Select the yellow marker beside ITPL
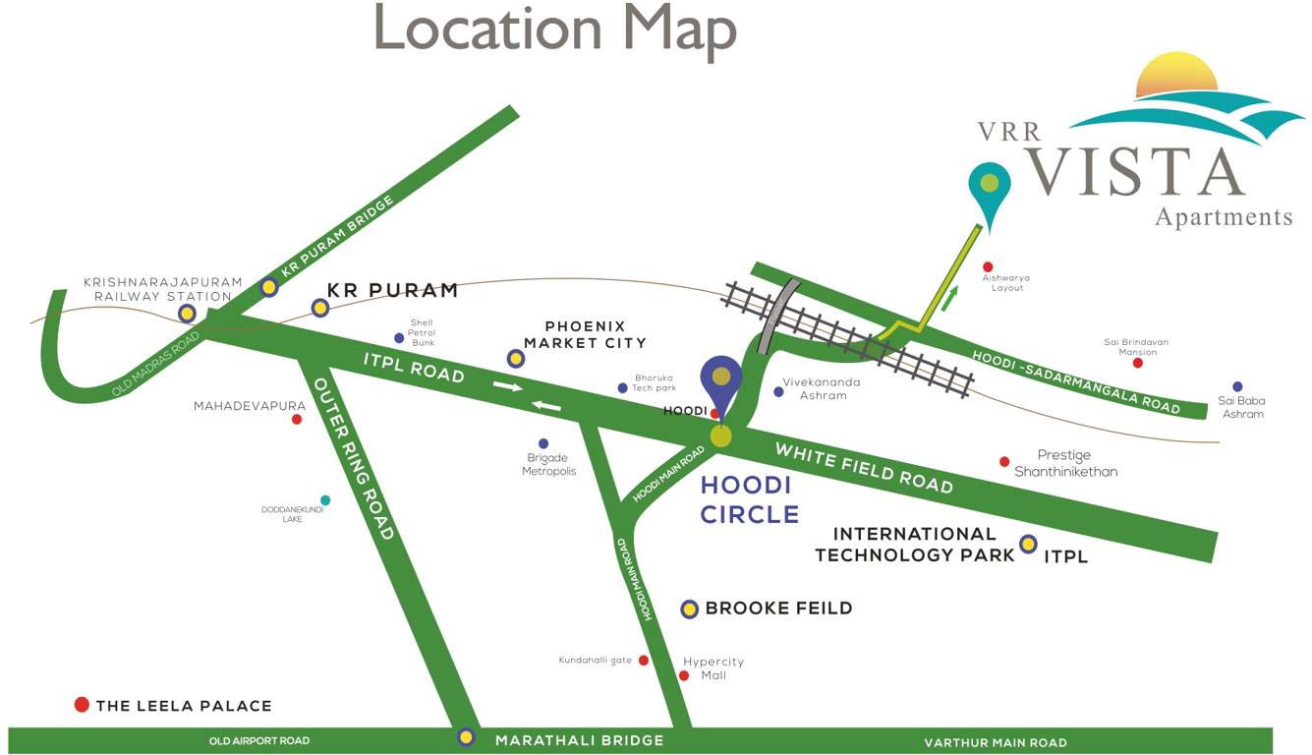click(x=1029, y=544)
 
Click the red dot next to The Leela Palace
click(x=82, y=705)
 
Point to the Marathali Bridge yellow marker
click(x=466, y=737)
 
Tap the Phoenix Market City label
click(x=585, y=334)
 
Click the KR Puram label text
click(x=392, y=290)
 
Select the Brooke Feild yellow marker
click(x=690, y=610)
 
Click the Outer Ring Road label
click(x=354, y=458)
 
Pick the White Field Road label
click(x=864, y=467)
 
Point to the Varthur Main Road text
click(x=996, y=743)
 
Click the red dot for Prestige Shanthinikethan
click(x=1004, y=461)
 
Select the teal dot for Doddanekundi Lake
click(x=325, y=500)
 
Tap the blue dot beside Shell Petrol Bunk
click(x=399, y=338)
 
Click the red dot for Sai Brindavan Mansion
click(x=1138, y=363)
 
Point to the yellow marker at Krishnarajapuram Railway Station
click(x=187, y=314)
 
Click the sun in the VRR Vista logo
click(x=1176, y=77)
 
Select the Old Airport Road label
click(x=259, y=741)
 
